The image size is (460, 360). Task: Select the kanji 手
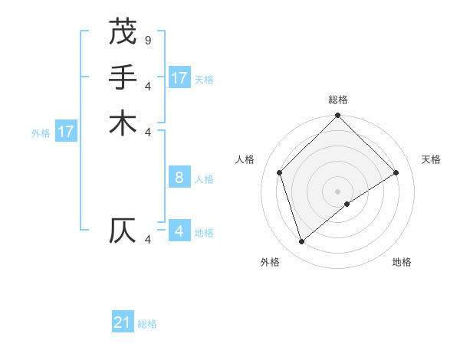pos(123,77)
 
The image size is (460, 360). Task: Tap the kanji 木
pos(123,123)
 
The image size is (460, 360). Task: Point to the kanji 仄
pos(123,231)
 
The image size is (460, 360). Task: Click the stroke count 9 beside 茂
pos(147,39)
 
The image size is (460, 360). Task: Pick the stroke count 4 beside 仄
pos(147,240)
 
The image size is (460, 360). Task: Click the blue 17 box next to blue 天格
pos(179,78)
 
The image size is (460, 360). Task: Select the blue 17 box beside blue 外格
pos(66,132)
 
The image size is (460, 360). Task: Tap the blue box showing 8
pos(179,178)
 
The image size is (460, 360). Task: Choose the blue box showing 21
pos(123,322)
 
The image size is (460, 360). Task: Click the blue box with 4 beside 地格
pos(179,231)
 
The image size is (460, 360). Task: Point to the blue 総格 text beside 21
pos(147,324)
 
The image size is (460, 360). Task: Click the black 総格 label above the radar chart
pos(338,100)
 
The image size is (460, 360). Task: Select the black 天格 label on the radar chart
pos(432,159)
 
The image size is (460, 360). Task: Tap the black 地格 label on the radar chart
pos(402,262)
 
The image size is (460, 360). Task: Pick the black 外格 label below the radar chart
pos(270,262)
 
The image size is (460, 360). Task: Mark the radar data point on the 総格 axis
pos(338,116)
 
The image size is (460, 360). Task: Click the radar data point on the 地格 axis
pos(347,204)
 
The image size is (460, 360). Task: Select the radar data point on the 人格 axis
pos(280,172)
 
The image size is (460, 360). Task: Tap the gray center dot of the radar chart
pos(338,191)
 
